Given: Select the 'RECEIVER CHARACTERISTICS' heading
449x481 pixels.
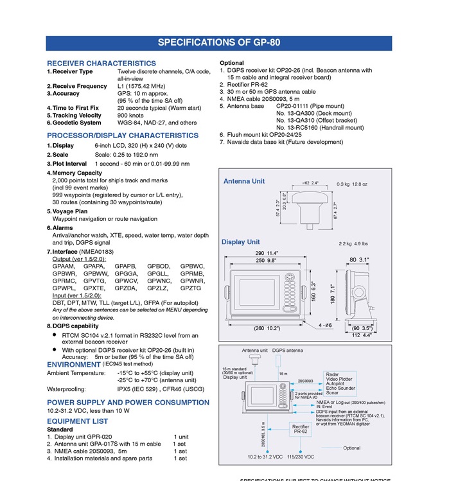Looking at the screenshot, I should tap(101, 64).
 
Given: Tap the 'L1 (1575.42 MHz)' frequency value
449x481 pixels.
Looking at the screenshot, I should tap(141, 86).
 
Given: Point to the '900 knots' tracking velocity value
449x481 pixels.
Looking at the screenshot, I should tap(130, 115).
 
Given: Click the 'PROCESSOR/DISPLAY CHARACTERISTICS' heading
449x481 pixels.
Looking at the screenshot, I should tap(123, 136).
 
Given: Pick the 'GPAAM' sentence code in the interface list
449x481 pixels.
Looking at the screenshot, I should tap(64, 266).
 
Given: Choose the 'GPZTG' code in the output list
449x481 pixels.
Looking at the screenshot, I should tap(191, 288).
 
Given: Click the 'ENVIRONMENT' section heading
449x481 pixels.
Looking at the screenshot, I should tap(74, 365).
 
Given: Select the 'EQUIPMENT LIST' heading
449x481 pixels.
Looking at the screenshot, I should tap(78, 422).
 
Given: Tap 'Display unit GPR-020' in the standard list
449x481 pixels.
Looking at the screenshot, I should tap(84, 437).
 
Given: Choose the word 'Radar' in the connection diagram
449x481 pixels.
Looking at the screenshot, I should tap(332, 374).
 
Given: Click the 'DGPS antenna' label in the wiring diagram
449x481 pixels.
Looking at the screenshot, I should tap(287, 351).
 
